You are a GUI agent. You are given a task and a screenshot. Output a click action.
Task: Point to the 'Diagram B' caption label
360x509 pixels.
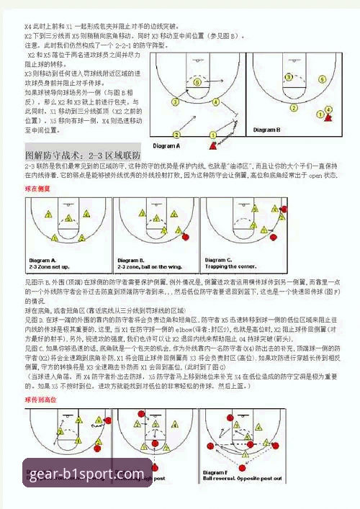tap(266, 130)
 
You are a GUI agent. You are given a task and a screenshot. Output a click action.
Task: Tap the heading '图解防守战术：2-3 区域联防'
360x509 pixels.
tap(82, 156)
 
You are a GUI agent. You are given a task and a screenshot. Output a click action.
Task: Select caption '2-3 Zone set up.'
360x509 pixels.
tap(48, 266)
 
